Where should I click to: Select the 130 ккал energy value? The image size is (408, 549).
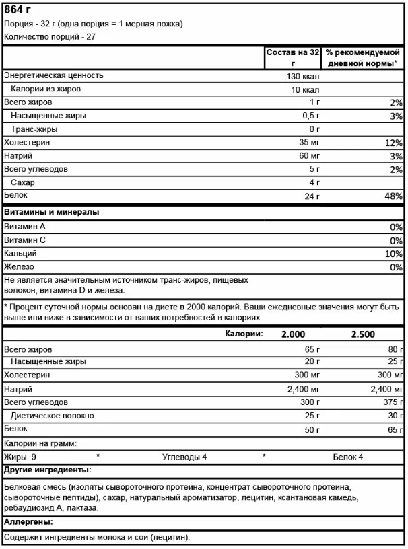302,76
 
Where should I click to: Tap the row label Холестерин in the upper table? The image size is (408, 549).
27,143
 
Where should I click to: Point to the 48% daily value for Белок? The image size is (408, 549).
393,196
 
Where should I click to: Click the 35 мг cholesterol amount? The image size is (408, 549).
306,143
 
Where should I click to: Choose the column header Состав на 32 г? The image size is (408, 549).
292,57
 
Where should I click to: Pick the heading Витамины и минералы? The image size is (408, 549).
52,212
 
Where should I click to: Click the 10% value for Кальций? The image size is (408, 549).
394,254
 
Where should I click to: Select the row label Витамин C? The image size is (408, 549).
25,240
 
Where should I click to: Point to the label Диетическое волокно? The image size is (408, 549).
56,416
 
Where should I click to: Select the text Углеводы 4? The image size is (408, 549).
184,457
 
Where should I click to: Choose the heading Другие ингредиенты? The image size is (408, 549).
48,470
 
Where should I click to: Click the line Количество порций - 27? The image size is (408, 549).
50,37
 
